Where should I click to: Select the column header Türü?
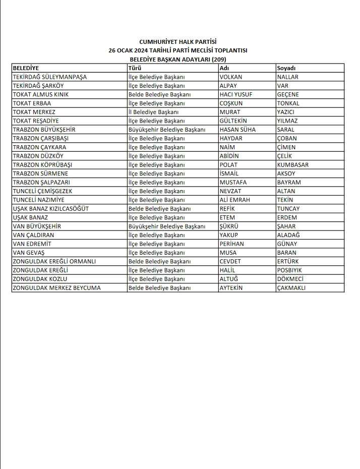[x=135, y=68]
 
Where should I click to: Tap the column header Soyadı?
[x=286, y=68]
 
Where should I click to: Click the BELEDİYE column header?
[x=26, y=68]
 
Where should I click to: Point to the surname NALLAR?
[x=288, y=77]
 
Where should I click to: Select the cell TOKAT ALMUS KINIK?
[x=41, y=94]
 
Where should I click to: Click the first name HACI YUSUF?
[x=236, y=94]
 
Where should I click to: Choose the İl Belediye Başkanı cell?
[x=153, y=112]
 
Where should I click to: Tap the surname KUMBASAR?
[x=293, y=165]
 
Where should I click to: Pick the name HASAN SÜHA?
[x=237, y=130]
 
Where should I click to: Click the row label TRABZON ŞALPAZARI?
[x=41, y=183]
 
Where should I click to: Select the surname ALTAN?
[x=286, y=191]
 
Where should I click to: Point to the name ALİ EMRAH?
[x=235, y=200]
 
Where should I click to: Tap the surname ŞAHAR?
[x=287, y=226]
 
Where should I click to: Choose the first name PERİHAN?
[x=232, y=244]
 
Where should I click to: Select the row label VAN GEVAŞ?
[x=29, y=253]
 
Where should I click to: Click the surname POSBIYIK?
[x=290, y=270]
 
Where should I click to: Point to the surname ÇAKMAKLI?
[x=291, y=288]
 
